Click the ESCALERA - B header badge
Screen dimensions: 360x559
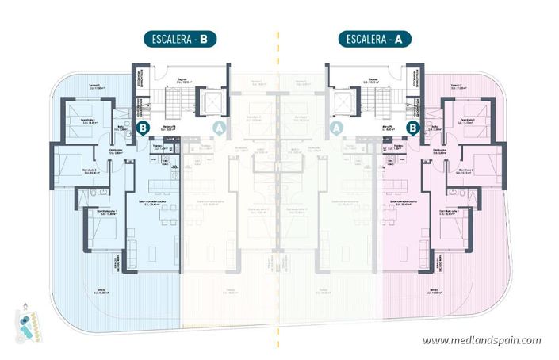click(x=179, y=37)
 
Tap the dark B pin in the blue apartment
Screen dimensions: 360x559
click(x=143, y=127)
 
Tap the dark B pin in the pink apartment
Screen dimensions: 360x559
click(x=412, y=127)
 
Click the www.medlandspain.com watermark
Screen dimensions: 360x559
click(x=481, y=340)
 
